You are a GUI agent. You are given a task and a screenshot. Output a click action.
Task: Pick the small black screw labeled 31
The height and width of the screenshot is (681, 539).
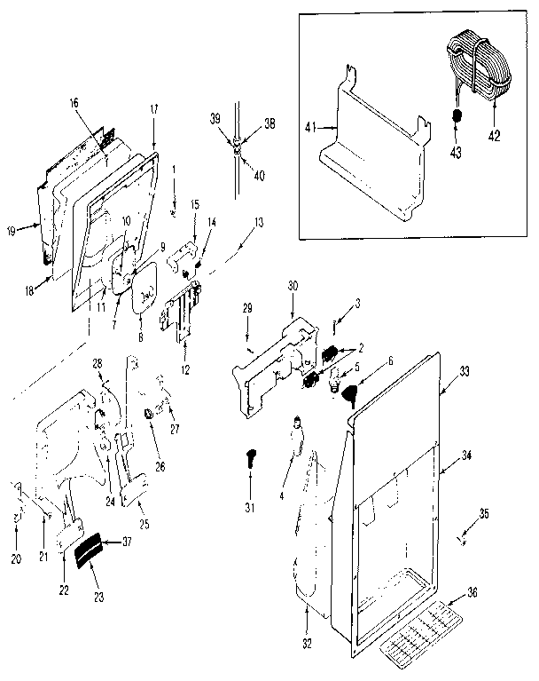pos(250,459)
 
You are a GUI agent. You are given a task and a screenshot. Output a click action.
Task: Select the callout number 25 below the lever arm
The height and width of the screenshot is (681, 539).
pos(144,525)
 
